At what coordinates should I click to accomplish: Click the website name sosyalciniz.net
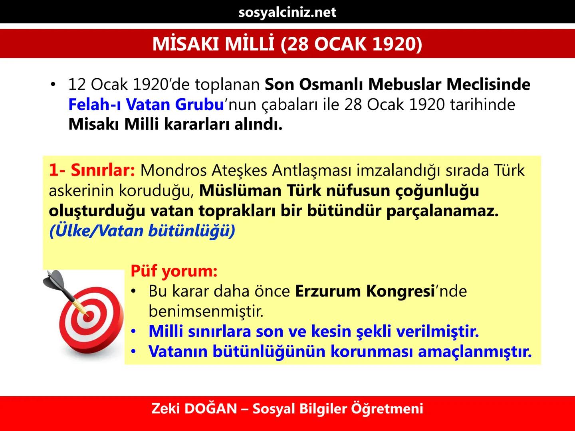pos(287,12)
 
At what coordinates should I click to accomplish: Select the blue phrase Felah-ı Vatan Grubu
pos(145,105)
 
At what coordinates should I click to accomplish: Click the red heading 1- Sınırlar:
pos(92,170)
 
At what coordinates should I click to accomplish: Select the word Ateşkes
pos(239,170)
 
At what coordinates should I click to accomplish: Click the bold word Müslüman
pos(240,191)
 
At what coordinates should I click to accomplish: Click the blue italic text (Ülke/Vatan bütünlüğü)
pos(142,231)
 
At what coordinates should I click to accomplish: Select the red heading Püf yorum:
pos(174,271)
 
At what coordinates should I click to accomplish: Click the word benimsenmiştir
pos(206,311)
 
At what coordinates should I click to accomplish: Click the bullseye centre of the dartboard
pos(88,315)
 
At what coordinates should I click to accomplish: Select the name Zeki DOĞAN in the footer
pos(194,409)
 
